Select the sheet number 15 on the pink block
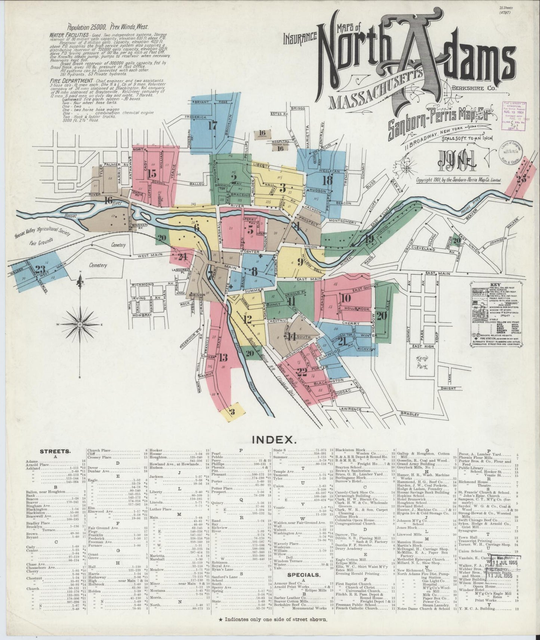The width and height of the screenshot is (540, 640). click(x=152, y=174)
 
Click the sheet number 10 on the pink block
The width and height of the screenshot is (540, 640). click(x=346, y=298)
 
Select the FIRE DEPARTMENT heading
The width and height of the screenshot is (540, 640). click(x=71, y=80)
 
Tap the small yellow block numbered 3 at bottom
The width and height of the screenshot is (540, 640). click(x=232, y=412)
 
